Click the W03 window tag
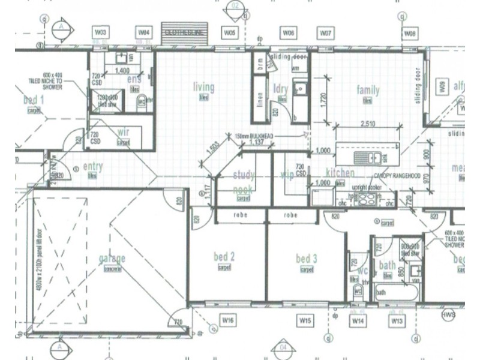(101, 31)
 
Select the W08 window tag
(410, 33)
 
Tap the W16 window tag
(227, 321)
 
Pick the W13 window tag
(396, 322)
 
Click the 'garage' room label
(112, 259)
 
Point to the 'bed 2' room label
(224, 257)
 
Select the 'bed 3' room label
(306, 259)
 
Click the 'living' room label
(203, 88)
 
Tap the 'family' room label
(368, 91)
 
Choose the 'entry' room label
(93, 167)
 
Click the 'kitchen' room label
(340, 173)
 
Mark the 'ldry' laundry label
(281, 89)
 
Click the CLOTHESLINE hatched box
(185, 35)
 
